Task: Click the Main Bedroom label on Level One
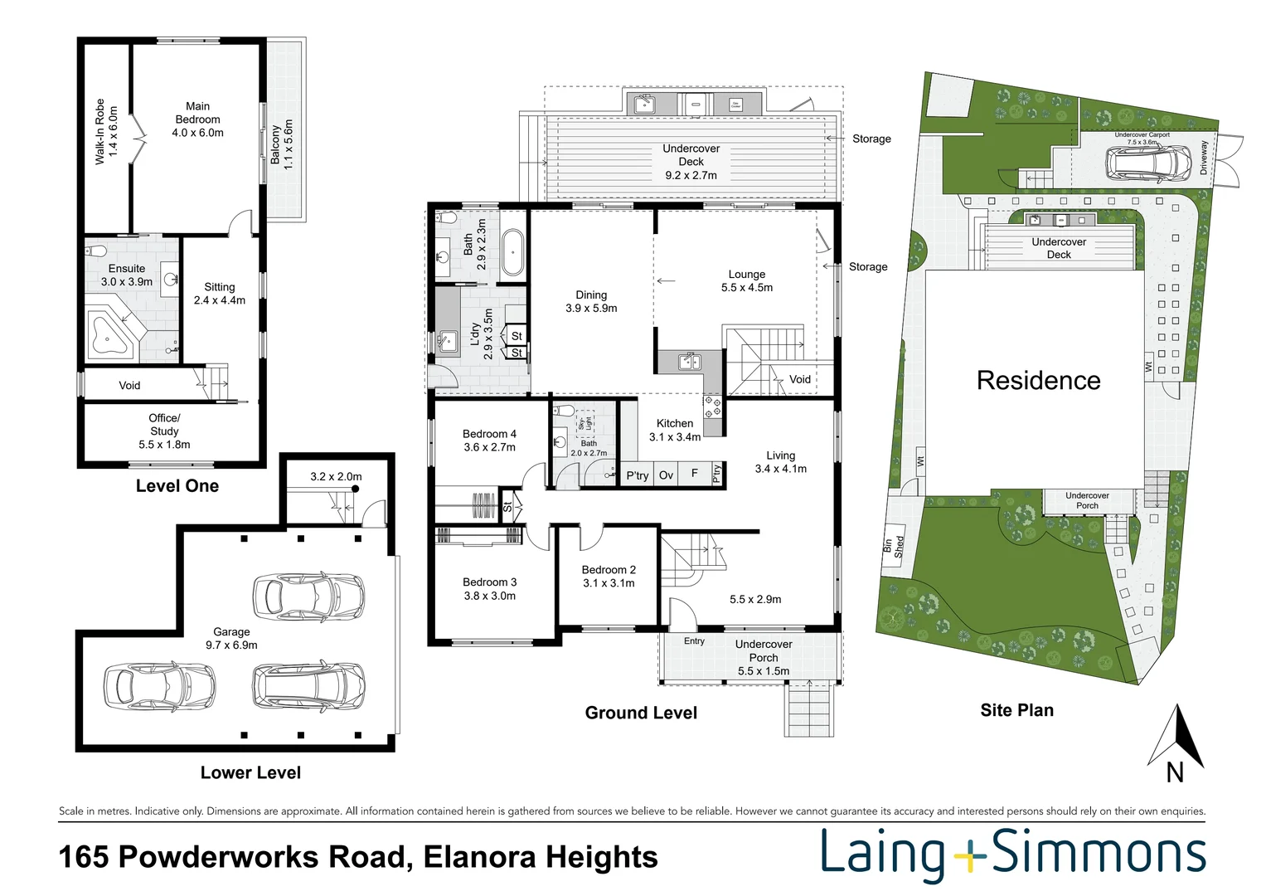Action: (x=197, y=119)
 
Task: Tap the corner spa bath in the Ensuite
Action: (x=111, y=335)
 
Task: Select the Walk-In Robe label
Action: (x=106, y=131)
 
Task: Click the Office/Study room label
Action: (x=164, y=431)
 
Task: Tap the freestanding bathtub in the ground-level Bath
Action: (x=512, y=253)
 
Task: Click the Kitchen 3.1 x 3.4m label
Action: (x=675, y=430)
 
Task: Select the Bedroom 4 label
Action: (x=489, y=441)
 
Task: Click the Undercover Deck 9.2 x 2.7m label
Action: (x=691, y=162)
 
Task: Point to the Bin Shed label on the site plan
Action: (x=894, y=546)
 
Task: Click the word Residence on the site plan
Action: (x=1038, y=381)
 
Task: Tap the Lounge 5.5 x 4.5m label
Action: (x=746, y=280)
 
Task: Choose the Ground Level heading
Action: (x=641, y=713)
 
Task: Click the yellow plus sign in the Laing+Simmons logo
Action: (x=968, y=855)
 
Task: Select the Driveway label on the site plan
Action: (x=1204, y=157)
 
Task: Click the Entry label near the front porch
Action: (x=694, y=641)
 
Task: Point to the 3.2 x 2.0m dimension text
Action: (x=336, y=477)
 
